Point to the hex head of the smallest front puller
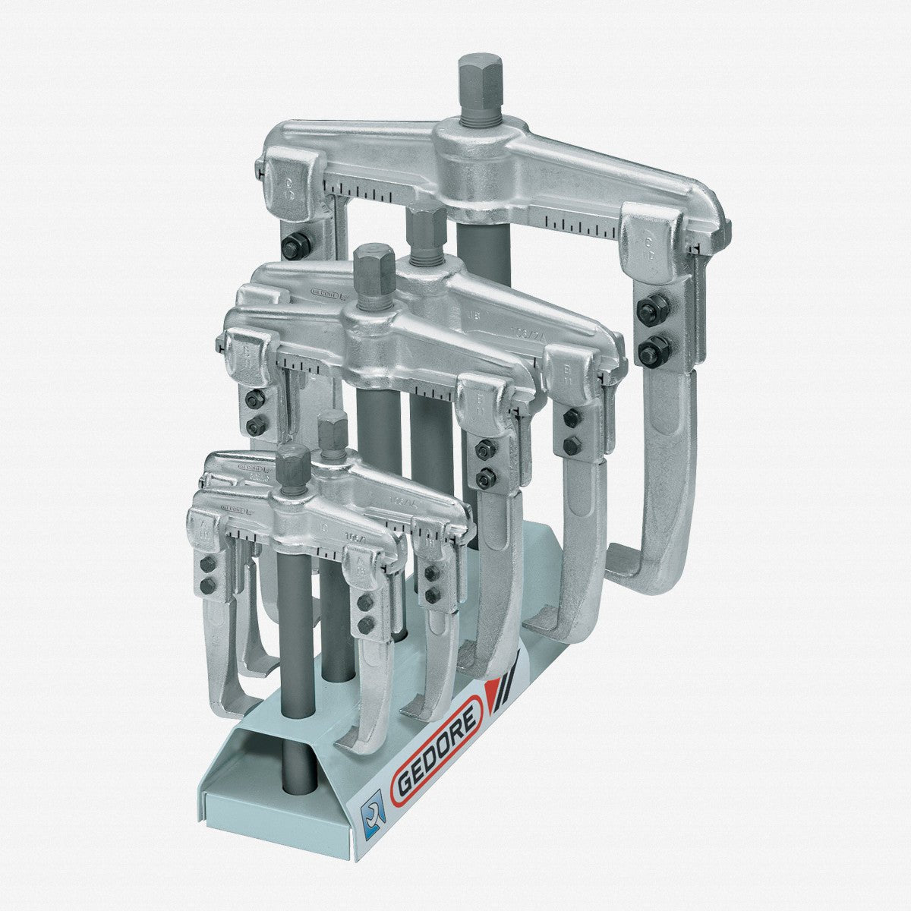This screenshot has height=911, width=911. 294,463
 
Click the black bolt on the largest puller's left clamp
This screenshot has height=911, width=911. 294,247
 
